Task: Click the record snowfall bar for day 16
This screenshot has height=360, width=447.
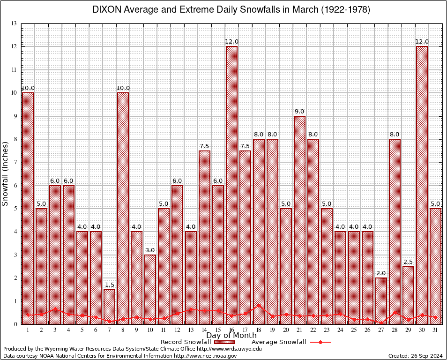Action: (x=231, y=185)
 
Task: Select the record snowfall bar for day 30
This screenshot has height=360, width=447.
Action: (x=422, y=185)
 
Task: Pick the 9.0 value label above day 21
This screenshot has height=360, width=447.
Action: (x=299, y=112)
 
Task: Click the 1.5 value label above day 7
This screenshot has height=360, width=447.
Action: (x=109, y=285)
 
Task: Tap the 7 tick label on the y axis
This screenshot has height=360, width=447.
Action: (x=15, y=162)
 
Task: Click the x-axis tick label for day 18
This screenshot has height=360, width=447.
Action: (x=259, y=330)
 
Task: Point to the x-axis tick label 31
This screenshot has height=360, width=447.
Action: (x=435, y=330)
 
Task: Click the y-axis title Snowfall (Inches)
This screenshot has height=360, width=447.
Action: (x=6, y=173)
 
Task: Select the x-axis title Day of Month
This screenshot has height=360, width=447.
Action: (x=231, y=336)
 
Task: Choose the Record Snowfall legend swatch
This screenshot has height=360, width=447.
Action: (x=225, y=342)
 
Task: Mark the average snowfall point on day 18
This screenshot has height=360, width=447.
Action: (x=259, y=306)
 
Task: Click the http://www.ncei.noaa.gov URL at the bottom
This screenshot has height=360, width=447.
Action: (x=205, y=356)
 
